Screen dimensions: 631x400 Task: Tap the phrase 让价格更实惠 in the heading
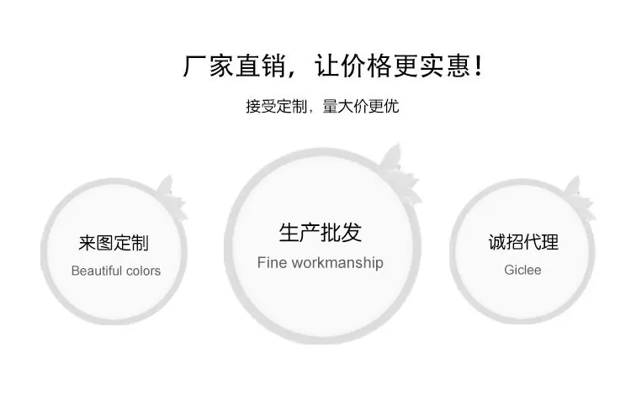tap(390, 66)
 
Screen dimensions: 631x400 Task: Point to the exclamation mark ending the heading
tap(479, 66)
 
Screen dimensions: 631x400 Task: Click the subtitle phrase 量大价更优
tap(361, 108)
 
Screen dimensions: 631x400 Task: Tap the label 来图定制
tap(114, 244)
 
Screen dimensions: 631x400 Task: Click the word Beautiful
tap(98, 271)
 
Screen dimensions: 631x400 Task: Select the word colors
tap(144, 271)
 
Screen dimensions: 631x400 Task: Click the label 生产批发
tap(320, 233)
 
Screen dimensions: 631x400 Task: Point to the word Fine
tap(271, 262)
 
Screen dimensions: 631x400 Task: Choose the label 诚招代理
tap(523, 243)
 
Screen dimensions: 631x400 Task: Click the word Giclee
tap(522, 270)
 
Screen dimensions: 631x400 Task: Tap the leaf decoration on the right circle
tap(576, 191)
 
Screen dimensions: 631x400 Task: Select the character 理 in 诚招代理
tap(550, 243)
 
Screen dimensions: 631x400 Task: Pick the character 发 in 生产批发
tap(351, 233)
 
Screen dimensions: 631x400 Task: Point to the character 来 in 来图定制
tap(87, 244)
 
